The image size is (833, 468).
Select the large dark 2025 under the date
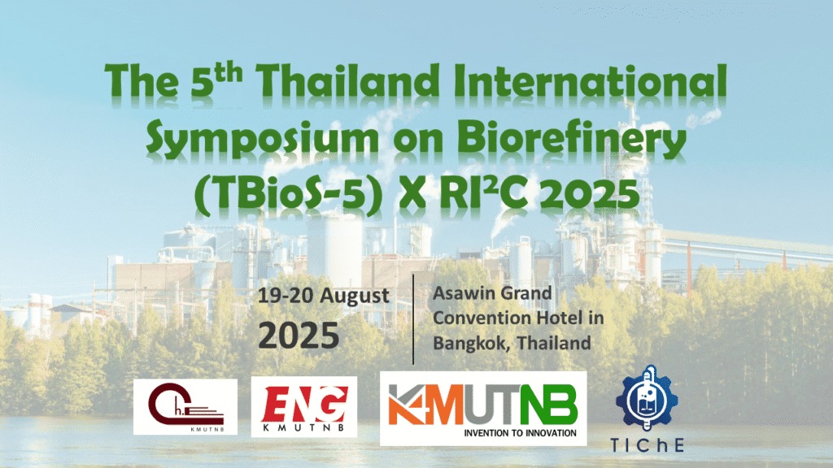[x=299, y=334]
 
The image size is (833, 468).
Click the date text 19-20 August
[x=323, y=295]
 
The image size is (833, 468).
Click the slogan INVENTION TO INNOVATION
[x=521, y=433]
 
